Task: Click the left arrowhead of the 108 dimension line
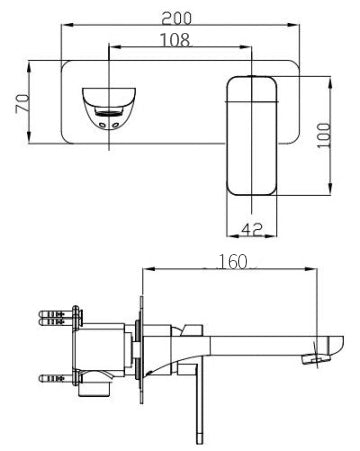pyautogui.click(x=110, y=47)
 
